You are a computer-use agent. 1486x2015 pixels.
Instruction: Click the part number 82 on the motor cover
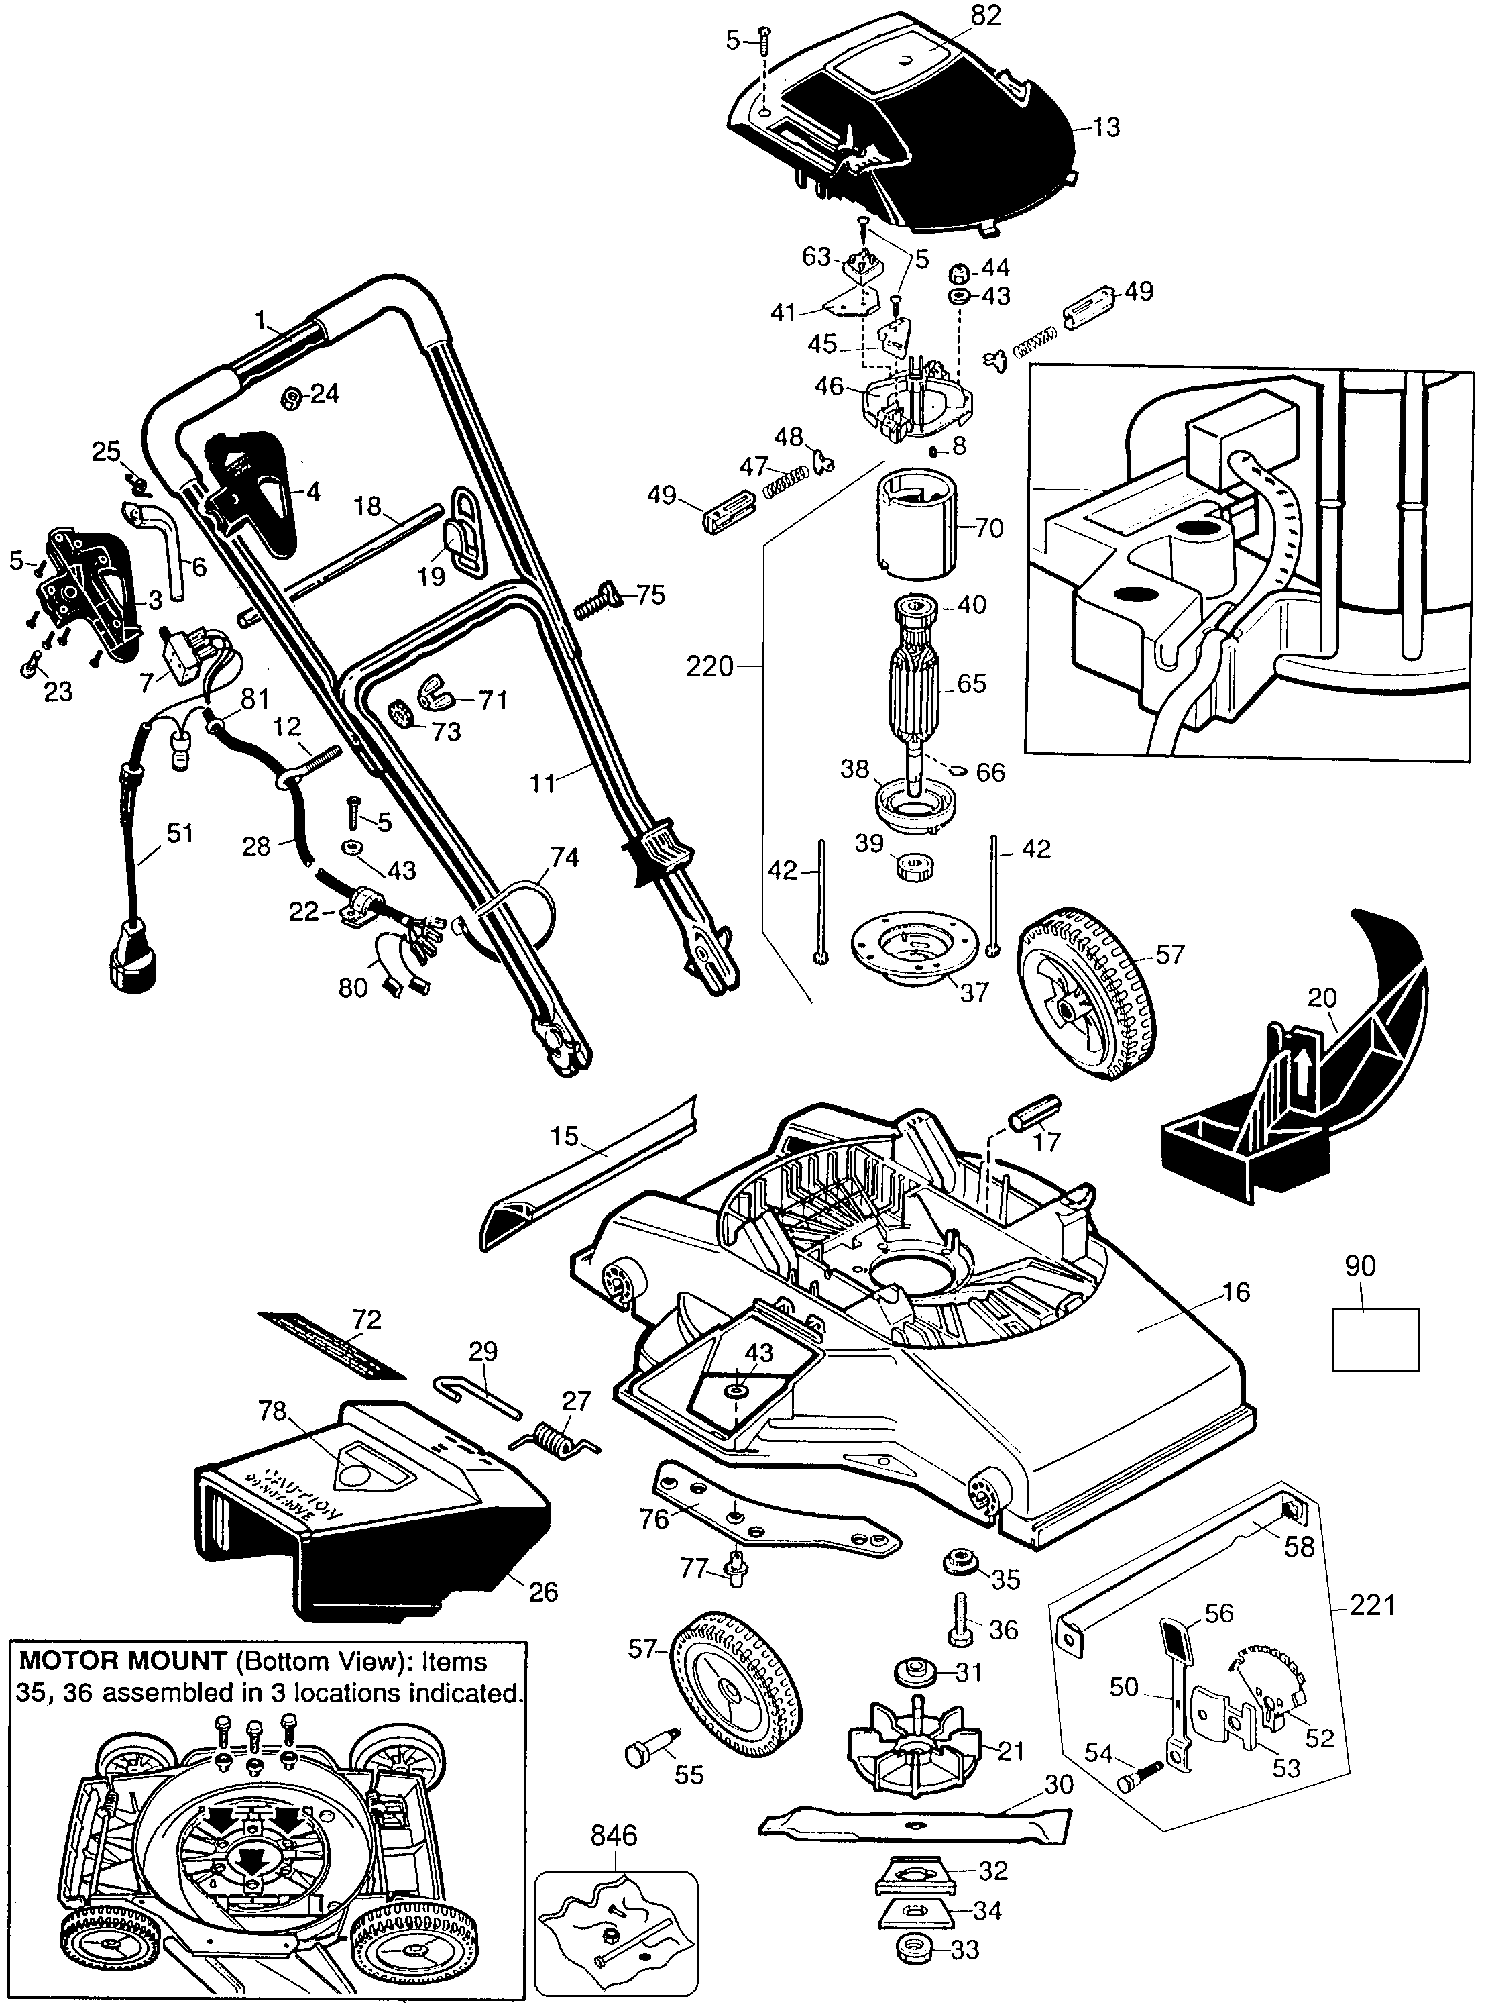tap(986, 16)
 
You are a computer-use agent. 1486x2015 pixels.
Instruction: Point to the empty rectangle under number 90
tap(1375, 1340)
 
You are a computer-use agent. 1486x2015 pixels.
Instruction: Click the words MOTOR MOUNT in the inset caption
tap(121, 1662)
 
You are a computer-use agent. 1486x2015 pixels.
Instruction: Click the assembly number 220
tap(709, 667)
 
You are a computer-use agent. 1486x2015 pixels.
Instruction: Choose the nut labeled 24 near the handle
tap(290, 398)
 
